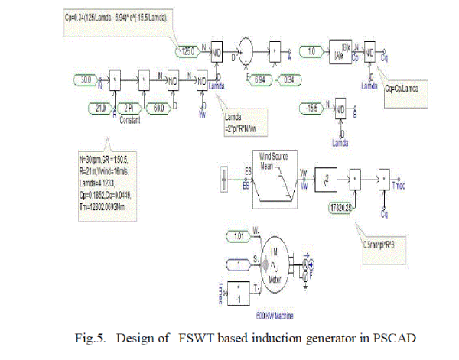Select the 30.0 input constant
[84, 77]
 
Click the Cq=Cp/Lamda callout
[407, 87]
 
